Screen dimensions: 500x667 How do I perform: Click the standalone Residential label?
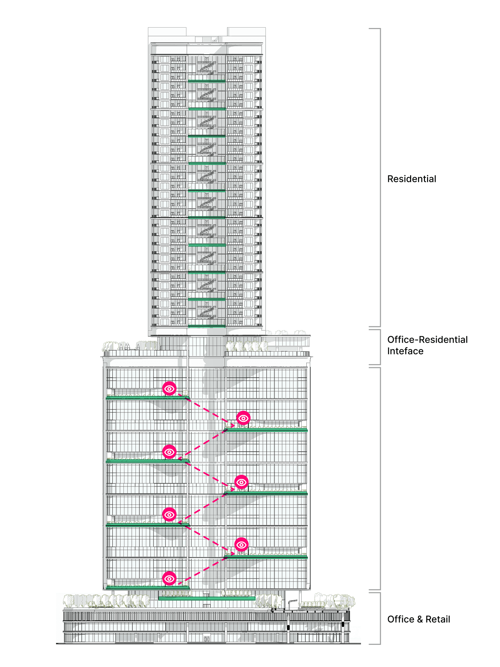411,179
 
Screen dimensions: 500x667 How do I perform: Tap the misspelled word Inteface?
405,351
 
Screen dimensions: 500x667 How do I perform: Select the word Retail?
438,619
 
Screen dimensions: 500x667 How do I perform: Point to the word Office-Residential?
427,340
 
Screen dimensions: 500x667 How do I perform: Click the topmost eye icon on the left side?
169,389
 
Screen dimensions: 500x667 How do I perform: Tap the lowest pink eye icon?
169,578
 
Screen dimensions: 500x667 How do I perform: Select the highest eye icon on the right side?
243,418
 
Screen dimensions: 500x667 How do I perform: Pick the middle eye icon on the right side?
241,482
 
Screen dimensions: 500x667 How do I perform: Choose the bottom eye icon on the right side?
241,545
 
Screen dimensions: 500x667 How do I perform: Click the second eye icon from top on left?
169,452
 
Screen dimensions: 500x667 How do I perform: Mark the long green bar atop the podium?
207,598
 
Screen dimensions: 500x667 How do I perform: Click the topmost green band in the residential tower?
207,81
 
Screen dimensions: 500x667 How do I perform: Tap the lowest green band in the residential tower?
207,326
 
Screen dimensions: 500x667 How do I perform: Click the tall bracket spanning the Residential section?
379,178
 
